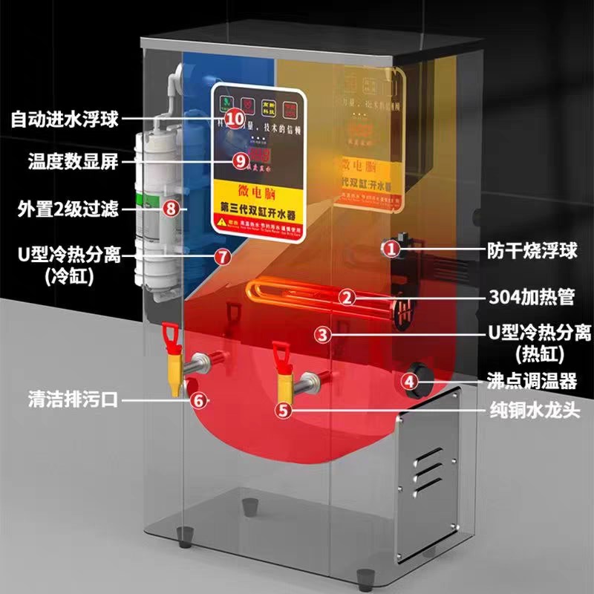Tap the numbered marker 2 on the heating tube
[x=345, y=298]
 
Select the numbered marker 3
[x=322, y=334]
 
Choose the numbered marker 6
[x=198, y=399]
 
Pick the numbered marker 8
[x=172, y=209]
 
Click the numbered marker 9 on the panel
[x=239, y=160]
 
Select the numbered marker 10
[x=235, y=118]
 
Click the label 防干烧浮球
[x=532, y=250]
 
